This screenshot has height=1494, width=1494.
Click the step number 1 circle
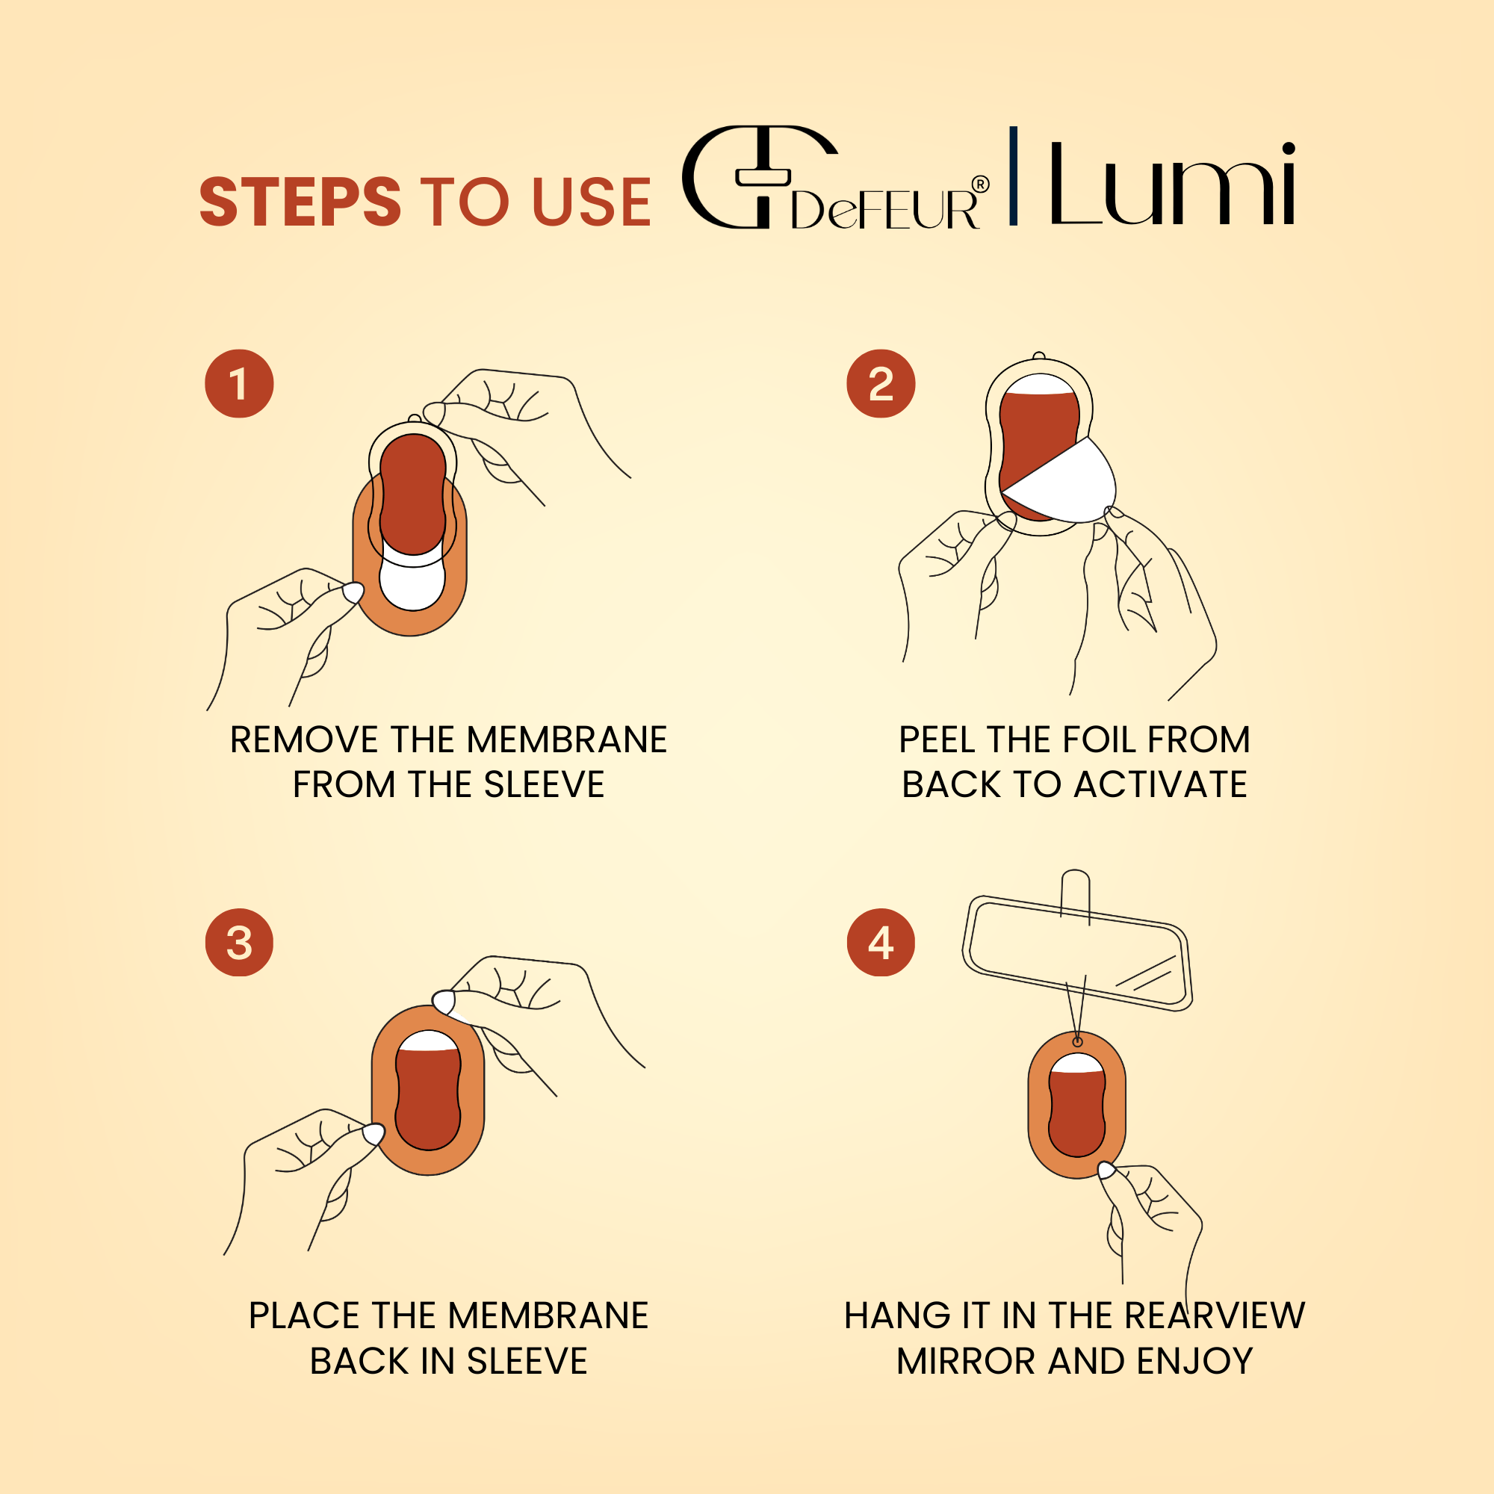click(x=239, y=383)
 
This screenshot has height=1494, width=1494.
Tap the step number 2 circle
click(x=881, y=383)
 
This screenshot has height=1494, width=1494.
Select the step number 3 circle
click(x=239, y=942)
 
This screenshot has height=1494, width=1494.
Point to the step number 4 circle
click(x=881, y=942)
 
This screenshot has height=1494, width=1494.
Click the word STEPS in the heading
click(x=300, y=202)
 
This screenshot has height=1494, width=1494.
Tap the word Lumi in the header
click(x=1171, y=183)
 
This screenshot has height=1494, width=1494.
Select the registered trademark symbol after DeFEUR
click(x=980, y=184)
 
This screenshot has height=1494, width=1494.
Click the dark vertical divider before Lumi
click(x=1013, y=176)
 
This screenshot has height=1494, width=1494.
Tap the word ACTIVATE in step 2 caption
click(x=1160, y=785)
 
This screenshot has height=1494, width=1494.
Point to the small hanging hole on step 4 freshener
click(x=1077, y=1042)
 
